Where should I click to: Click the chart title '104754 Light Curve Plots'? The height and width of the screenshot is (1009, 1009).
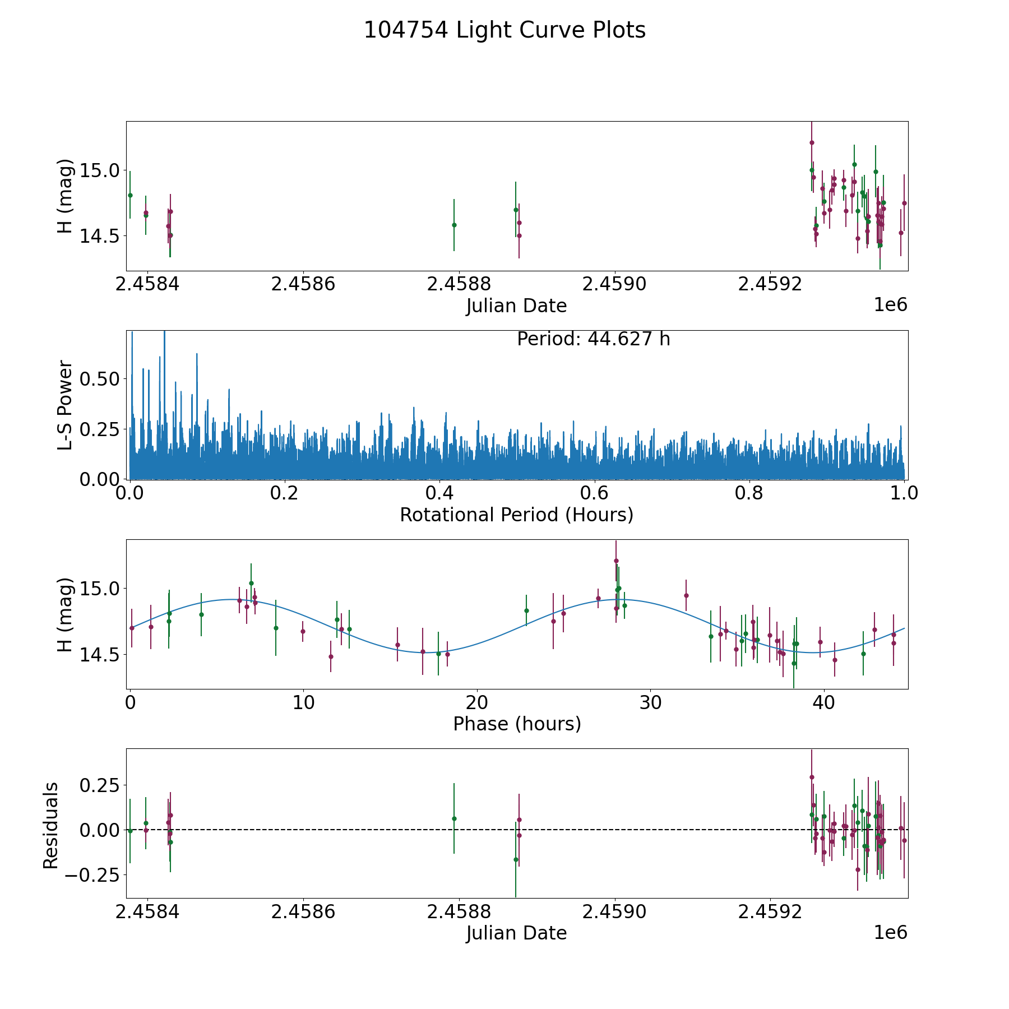[x=504, y=30]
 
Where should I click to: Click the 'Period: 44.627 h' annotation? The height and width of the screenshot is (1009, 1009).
[x=593, y=339]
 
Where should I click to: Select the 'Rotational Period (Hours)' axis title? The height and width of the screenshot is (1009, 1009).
[x=516, y=515]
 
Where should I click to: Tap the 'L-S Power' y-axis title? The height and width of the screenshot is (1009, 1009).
[x=66, y=405]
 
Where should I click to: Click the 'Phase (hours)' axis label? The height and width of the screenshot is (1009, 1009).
[x=517, y=724]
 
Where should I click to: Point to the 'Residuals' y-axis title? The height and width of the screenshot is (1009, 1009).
[x=51, y=825]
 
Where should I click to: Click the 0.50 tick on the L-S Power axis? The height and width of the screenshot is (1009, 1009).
[x=100, y=379]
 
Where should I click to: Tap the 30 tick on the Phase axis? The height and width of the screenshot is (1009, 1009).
[x=650, y=702]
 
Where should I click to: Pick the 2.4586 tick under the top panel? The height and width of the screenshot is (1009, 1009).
[x=303, y=284]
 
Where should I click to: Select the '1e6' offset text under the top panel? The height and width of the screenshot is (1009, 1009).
[x=890, y=305]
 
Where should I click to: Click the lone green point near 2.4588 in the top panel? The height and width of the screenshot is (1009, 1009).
[x=454, y=225]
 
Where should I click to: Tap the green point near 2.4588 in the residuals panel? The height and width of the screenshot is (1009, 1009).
[x=454, y=818]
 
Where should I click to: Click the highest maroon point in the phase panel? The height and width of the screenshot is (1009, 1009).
[x=616, y=561]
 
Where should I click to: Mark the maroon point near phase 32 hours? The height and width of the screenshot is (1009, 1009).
[x=686, y=595]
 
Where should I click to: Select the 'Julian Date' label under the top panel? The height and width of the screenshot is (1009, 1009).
[x=516, y=306]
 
